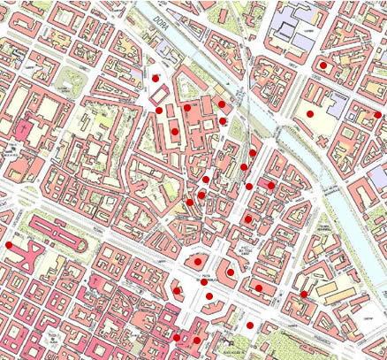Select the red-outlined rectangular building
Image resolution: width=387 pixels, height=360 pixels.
160,95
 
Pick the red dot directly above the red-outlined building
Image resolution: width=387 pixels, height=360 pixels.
156,79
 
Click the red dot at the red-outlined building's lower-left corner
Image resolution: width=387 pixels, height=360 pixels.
159,111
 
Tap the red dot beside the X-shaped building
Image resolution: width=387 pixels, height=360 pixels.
10,245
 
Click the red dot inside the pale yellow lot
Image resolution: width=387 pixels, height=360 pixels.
310,115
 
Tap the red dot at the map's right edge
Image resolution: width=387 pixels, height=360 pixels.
378,114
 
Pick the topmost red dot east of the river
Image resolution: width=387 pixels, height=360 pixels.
323,65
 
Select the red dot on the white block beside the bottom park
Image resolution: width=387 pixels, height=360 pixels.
250,326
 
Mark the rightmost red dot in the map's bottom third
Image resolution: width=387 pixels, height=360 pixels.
303,295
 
